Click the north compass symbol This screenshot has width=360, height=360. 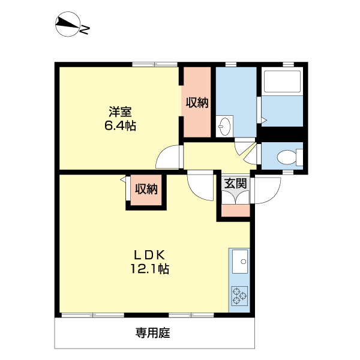[x=68, y=25]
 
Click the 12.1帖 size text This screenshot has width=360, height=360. [x=150, y=269]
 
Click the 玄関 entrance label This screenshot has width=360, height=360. [x=235, y=184]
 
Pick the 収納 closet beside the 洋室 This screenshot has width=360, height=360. [x=196, y=103]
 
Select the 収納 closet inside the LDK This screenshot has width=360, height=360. [x=145, y=190]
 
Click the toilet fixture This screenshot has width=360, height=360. [x=287, y=157]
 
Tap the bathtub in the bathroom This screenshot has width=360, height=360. [x=280, y=83]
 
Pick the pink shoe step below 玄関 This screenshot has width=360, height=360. [x=235, y=211]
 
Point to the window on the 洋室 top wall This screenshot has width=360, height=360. [x=155, y=65]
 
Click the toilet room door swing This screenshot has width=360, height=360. [x=250, y=154]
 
